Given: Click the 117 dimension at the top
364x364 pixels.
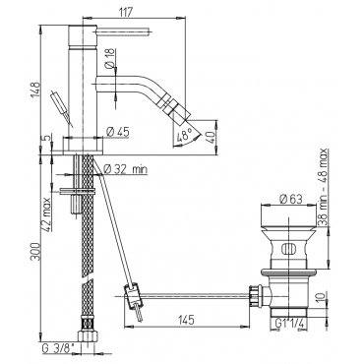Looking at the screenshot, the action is (125, 12).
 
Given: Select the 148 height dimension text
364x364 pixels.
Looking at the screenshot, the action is (35, 89).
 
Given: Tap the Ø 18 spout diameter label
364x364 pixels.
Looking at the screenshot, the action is (110, 58).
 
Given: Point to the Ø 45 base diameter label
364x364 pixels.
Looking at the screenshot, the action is (118, 132).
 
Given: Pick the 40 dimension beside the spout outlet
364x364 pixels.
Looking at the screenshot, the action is (212, 137).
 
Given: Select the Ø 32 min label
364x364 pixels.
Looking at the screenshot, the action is (125, 169).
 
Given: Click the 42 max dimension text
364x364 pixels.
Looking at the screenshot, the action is (46, 214).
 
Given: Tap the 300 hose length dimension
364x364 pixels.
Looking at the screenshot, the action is (35, 252).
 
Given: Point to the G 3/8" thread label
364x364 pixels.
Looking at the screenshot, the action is (58, 348).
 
